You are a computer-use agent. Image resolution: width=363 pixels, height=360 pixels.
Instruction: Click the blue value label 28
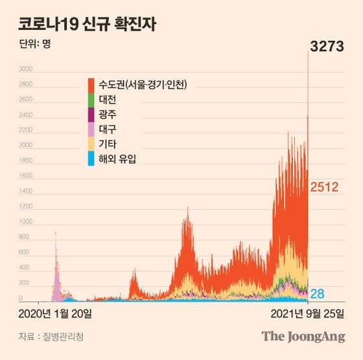pyautogui.click(x=318, y=293)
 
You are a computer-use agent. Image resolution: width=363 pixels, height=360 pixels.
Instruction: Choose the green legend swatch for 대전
pyautogui.click(x=91, y=100)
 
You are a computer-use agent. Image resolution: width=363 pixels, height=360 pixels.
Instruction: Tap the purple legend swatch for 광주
pyautogui.click(x=91, y=115)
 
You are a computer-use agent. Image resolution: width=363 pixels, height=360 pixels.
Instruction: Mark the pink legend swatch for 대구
pyautogui.click(x=91, y=129)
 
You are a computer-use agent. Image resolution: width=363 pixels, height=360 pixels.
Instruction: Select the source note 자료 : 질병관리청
pyautogui.click(x=51, y=337)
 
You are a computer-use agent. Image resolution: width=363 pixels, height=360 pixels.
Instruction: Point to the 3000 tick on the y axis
pyautogui.click(x=25, y=69)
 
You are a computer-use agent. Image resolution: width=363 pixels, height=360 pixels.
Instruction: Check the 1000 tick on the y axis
pyautogui.click(x=25, y=222)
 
